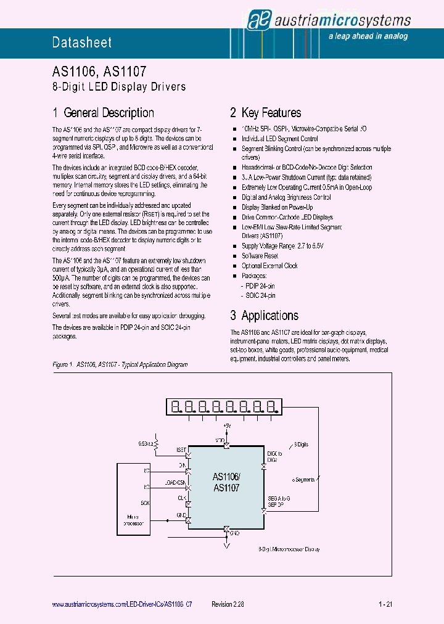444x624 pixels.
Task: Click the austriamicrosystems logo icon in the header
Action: tap(256, 20)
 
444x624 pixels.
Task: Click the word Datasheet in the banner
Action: tap(82, 43)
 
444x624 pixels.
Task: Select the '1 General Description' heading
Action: tap(103, 113)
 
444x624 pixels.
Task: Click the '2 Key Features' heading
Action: tap(266, 113)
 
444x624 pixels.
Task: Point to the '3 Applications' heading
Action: tap(265, 316)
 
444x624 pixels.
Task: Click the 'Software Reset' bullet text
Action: tap(260, 256)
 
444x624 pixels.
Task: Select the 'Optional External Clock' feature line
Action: tap(269, 266)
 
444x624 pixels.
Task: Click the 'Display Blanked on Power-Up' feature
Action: tap(277, 207)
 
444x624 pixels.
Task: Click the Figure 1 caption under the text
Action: tap(120, 364)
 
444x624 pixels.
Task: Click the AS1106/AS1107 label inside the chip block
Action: tap(226, 482)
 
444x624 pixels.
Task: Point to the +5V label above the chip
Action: tap(226, 426)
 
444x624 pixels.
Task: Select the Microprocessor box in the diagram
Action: tap(132, 505)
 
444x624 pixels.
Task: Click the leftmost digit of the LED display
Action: tap(176, 406)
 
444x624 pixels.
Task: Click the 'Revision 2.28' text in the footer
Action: tap(228, 605)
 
